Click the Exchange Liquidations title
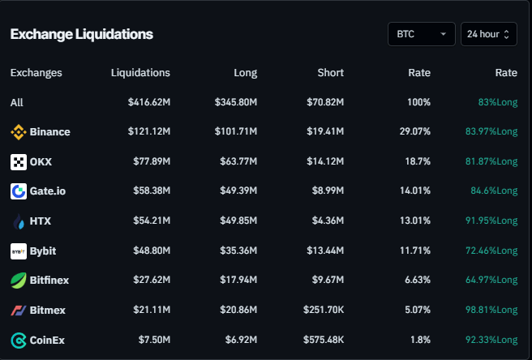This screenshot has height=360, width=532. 81,34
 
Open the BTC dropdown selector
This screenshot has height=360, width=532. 421,34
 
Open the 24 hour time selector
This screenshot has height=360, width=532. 488,34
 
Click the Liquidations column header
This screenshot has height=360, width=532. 140,73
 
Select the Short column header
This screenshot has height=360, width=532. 330,73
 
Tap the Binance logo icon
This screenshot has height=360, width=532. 18,132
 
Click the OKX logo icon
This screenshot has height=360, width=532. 18,162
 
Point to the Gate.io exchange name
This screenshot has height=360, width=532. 49,191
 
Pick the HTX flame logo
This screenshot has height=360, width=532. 18,221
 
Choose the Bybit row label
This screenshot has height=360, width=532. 43,251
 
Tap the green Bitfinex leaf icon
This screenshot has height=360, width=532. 18,281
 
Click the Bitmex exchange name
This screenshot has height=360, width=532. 47,311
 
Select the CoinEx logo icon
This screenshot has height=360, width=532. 18,341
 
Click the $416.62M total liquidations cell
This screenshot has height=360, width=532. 148,102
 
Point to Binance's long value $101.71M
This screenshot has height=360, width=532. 236,132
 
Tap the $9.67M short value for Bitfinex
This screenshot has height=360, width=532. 325,281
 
